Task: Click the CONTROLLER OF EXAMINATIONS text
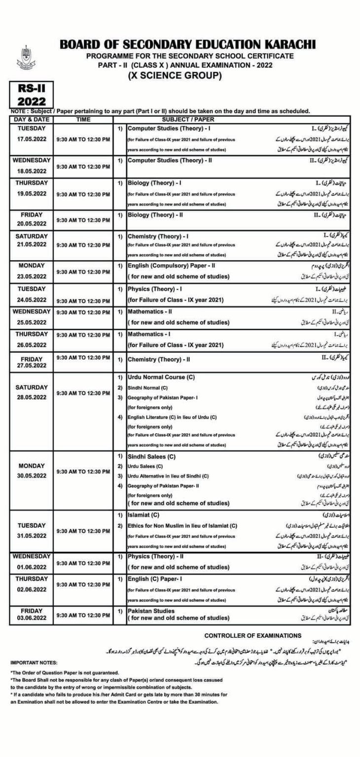(x=252, y=636)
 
